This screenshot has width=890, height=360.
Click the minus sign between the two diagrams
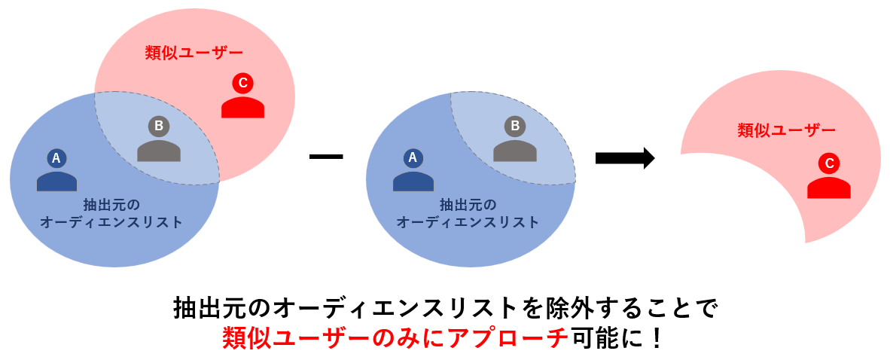click(x=326, y=157)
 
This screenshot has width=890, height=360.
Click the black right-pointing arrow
click(x=624, y=157)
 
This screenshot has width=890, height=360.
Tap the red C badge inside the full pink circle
click(x=242, y=82)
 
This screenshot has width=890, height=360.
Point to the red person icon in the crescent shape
click(x=829, y=187)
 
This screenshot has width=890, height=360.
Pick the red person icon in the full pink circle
click(x=242, y=107)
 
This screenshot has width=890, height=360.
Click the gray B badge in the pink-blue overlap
click(x=158, y=126)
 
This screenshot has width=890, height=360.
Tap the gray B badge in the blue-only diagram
click(x=515, y=126)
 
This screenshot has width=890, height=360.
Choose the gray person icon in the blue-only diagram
click(x=515, y=150)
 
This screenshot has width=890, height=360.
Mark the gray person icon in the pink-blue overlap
click(x=158, y=150)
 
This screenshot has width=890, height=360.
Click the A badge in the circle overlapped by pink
click(x=56, y=157)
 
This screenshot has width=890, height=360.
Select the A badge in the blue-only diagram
click(x=412, y=157)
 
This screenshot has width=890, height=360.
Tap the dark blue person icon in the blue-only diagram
click(x=413, y=181)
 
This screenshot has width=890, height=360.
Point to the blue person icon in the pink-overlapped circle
click(x=56, y=181)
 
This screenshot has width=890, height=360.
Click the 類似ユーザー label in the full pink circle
click(x=194, y=53)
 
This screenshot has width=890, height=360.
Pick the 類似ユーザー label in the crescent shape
click(x=786, y=130)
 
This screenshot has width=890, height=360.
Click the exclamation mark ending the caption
click(x=656, y=337)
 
